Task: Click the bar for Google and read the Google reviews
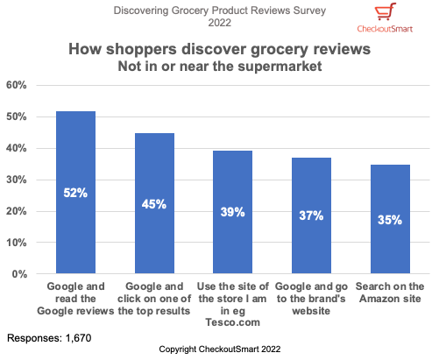point(75,193)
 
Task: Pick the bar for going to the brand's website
point(311,215)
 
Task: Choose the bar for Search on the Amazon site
point(390,219)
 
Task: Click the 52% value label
point(75,193)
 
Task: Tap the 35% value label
point(390,220)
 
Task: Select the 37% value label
point(311,215)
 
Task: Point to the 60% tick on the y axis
point(18,85)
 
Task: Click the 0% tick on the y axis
point(20,274)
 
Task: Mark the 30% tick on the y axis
point(18,180)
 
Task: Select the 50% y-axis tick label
point(18,116)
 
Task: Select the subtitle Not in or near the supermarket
point(219,66)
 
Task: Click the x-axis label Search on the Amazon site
point(390,292)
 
